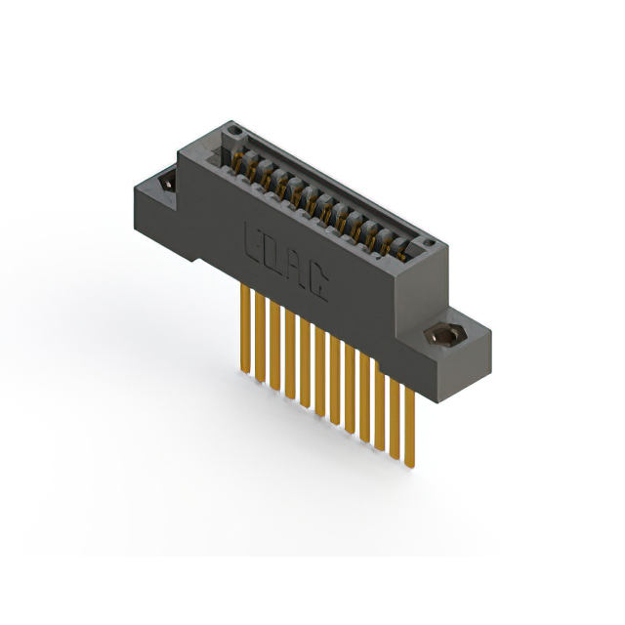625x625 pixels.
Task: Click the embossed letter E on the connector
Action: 253,239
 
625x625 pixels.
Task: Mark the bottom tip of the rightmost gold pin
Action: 410,465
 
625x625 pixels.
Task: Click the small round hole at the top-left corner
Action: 230,132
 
